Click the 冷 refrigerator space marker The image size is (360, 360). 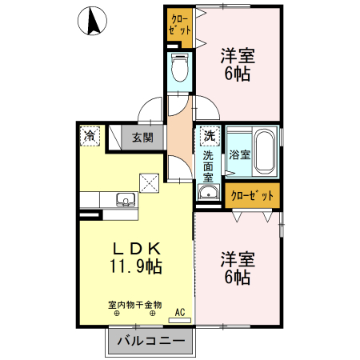point(91,137)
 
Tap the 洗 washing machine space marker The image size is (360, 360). point(208,136)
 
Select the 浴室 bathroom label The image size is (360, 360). point(239,154)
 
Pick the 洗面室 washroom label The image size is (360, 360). point(208,166)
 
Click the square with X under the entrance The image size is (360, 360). point(149,182)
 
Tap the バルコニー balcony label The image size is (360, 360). point(150,342)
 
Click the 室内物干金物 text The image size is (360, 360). point(135,304)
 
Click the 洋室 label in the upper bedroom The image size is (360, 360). point(238,56)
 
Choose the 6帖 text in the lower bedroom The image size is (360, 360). point(238,278)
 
